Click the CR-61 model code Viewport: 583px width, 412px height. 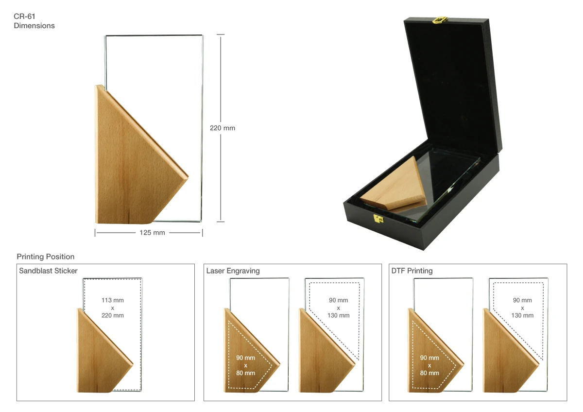click(24, 17)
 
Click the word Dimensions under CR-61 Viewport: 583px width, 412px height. click(34, 25)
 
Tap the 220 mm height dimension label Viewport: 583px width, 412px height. click(223, 128)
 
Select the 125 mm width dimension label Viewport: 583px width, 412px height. click(152, 233)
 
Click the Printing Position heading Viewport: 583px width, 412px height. click(46, 257)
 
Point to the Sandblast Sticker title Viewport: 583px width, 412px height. click(48, 271)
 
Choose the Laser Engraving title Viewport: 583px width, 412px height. click(233, 271)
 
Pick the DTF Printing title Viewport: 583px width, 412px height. click(412, 271)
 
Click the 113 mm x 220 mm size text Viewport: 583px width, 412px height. click(113, 308)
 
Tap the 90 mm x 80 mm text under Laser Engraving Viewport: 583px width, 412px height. click(246, 365)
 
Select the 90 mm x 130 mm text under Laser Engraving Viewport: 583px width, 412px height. click(338, 308)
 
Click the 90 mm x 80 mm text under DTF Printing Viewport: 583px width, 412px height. click(429, 365)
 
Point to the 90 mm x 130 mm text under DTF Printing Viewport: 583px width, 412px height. click(522, 308)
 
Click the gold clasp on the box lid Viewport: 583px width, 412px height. click(440, 20)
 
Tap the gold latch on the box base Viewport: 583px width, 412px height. click(378, 218)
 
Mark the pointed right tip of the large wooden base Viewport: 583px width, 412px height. click(189, 177)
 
